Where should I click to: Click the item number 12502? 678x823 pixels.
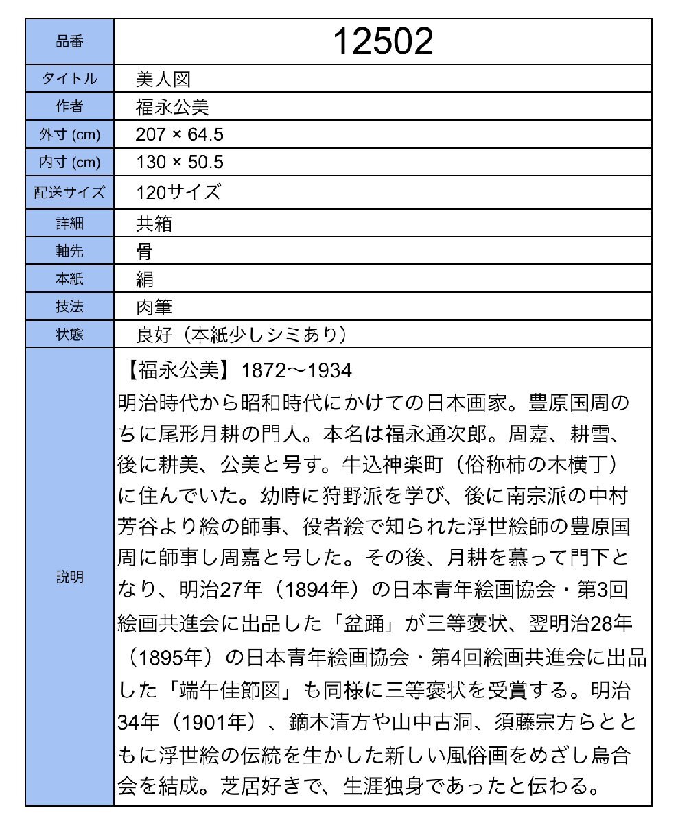coord(383,43)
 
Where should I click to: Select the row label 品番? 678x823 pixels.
coord(69,42)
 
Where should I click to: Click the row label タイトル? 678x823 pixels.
coord(69,79)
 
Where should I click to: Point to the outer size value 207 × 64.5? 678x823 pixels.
coord(180,134)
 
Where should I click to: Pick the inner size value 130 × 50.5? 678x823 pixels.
coord(180,163)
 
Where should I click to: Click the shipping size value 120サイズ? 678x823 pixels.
coord(178,192)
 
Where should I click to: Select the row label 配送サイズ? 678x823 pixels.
coord(69,192)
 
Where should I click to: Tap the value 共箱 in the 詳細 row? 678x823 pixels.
coord(154,224)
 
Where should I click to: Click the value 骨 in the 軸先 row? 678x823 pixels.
coord(145,251)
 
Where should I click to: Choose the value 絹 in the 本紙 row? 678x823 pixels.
coord(145,279)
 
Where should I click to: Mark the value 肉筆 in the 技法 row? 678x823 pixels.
coord(154,307)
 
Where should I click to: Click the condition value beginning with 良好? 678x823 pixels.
coord(240,335)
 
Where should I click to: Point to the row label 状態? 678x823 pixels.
coord(69,335)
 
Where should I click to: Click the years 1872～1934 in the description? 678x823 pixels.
coord(297,371)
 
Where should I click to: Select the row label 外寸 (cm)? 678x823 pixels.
coord(69,134)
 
